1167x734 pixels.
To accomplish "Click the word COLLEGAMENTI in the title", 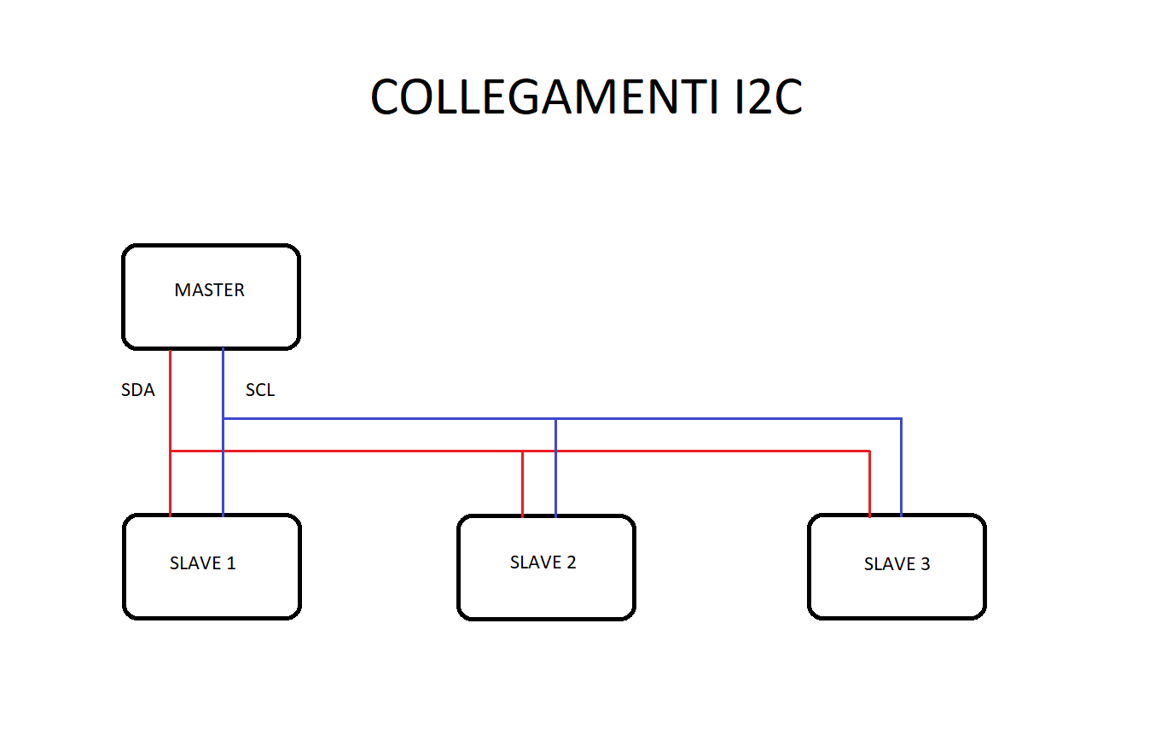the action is coord(544,96).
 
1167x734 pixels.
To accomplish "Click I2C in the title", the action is coord(769,96).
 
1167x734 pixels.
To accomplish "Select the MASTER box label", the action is coord(210,290).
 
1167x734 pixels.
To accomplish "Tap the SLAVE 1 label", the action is coord(203,563).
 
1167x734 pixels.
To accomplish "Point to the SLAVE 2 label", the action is coord(543,562).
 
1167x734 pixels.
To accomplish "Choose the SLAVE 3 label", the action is coord(897,563).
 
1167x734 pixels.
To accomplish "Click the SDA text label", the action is coord(137,390).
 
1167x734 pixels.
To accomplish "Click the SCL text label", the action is coord(260,390).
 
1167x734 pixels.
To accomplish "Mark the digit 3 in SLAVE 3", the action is coord(926,563).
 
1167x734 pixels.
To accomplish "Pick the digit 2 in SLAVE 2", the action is coord(571,562).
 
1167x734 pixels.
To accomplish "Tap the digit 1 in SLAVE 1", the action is coord(231,563).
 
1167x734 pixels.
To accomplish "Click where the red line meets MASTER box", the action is coord(171,349).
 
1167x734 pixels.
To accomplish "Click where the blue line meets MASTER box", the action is coord(223,349).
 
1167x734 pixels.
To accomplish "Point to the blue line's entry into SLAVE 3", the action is coord(902,515).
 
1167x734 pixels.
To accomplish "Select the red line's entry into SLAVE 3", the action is coord(869,515).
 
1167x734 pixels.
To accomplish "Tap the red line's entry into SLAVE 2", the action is coord(523,516).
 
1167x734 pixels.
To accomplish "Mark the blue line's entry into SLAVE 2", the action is coord(556,516).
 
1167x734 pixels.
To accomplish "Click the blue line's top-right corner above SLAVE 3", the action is coord(902,418).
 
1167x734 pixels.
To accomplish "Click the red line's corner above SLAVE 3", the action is coord(869,451).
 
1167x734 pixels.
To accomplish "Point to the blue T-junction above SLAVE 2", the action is coord(556,418).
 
